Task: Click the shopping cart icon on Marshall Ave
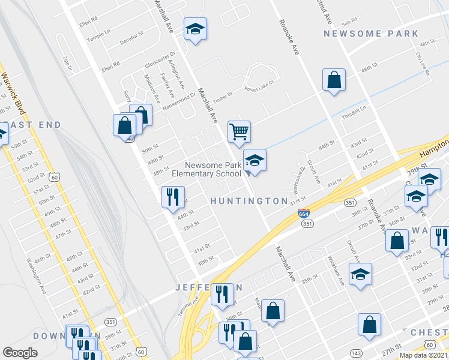click(x=239, y=131)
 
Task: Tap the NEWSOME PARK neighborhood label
click(x=371, y=34)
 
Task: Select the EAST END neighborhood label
click(x=35, y=125)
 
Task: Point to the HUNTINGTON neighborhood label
click(x=249, y=200)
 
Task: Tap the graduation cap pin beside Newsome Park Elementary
click(x=255, y=160)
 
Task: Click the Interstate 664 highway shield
click(x=304, y=222)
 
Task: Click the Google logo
click(x=20, y=353)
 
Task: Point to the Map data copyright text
click(x=424, y=355)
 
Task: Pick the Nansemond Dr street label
click(x=179, y=101)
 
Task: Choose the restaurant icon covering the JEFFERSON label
click(x=223, y=294)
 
